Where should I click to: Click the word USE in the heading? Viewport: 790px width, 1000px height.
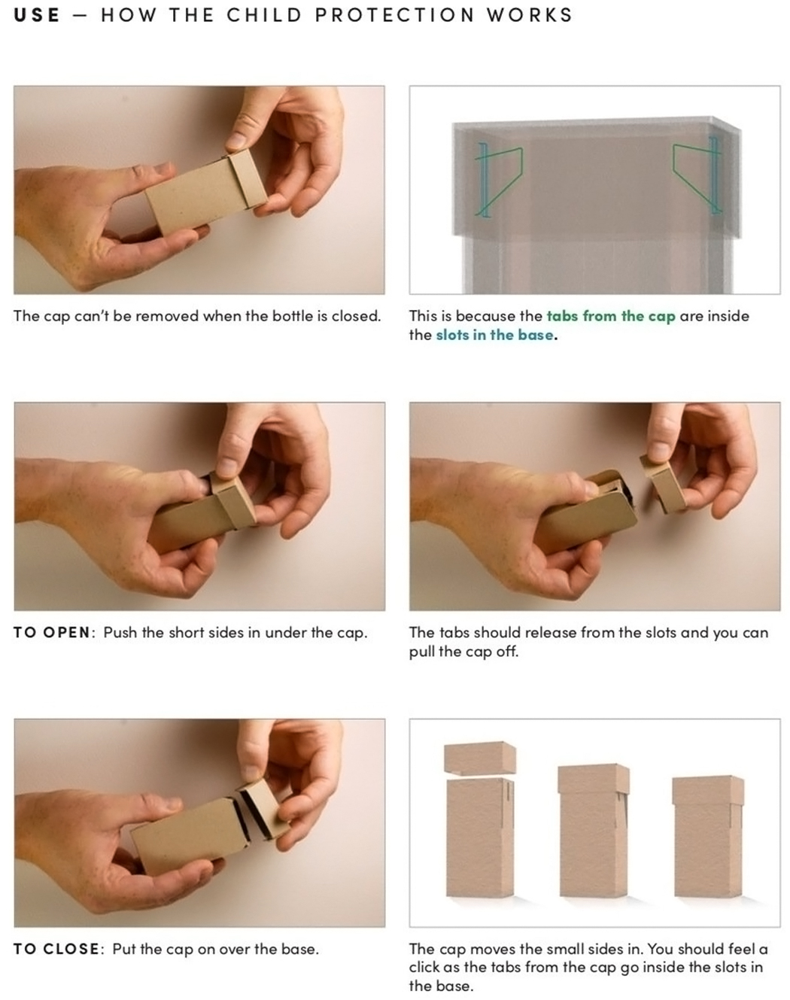pos(37,15)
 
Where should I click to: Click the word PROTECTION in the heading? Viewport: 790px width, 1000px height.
pos(394,15)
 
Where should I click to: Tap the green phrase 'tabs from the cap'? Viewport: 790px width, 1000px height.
pos(611,317)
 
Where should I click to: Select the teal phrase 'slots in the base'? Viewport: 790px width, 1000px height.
pos(494,335)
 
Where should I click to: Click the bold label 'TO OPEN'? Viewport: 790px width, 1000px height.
pos(52,633)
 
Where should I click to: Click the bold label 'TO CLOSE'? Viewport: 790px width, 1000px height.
pos(56,949)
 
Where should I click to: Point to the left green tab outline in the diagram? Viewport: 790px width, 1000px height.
pos(499,181)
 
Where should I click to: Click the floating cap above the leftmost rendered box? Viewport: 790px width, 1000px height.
pos(480,758)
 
